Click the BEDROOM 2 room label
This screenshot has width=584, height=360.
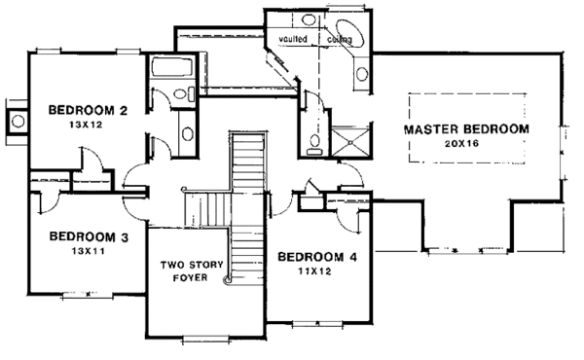tap(88, 110)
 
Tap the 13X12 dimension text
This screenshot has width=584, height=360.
tap(86, 125)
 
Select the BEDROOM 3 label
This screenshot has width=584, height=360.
tap(89, 236)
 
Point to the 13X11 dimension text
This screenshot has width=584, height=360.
tap(89, 251)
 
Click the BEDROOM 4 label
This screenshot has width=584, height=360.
tap(317, 257)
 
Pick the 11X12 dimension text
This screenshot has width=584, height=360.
tap(314, 271)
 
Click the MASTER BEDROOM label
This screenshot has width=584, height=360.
tap(466, 129)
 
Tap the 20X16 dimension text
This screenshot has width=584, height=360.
tap(461, 143)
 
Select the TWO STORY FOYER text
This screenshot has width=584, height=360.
tap(192, 271)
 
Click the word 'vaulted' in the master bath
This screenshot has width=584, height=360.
tap(293, 39)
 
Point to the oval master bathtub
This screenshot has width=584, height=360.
tap(350, 33)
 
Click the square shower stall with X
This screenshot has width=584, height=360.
tap(350, 142)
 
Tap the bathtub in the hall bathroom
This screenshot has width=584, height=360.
tap(171, 67)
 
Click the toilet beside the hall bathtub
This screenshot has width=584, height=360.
tap(184, 93)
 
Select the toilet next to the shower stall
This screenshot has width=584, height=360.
tap(315, 144)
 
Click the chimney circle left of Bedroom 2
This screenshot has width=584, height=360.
tap(18, 121)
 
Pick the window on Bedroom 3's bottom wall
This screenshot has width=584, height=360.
tap(88, 296)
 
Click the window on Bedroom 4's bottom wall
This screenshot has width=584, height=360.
tap(317, 324)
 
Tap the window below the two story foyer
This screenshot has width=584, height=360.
tap(206, 339)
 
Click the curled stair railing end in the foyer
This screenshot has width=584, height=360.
tap(227, 280)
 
